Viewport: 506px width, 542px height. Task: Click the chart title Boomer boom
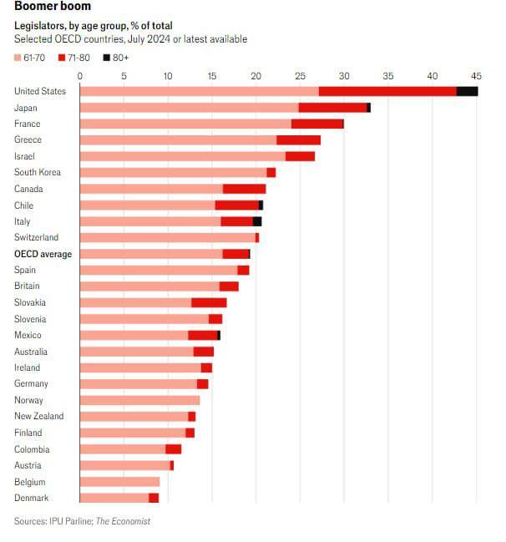pos(53,8)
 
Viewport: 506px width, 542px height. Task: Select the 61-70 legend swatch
pos(19,58)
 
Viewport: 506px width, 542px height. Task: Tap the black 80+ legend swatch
pos(106,58)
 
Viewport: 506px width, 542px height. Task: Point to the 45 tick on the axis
pos(476,76)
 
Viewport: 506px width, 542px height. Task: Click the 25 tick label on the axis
pos(300,76)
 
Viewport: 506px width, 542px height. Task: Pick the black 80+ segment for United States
pos(467,91)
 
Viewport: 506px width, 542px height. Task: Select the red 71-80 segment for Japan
pos(332,108)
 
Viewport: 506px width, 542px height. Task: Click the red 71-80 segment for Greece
pos(298,140)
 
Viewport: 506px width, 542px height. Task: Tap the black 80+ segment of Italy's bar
pos(257,221)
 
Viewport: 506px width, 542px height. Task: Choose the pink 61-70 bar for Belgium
pos(119,482)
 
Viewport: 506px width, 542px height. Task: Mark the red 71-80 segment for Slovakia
pos(209,302)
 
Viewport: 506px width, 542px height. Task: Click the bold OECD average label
pos(43,254)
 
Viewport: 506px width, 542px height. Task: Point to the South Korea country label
pos(38,173)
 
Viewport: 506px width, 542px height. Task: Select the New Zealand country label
pos(39,417)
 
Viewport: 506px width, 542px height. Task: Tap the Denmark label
pos(32,499)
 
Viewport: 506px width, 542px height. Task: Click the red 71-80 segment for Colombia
pos(173,449)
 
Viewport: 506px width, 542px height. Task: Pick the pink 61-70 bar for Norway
pos(139,400)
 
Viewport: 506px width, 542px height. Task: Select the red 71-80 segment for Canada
pos(244,189)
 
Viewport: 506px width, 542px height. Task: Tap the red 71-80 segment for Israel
pos(300,156)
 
